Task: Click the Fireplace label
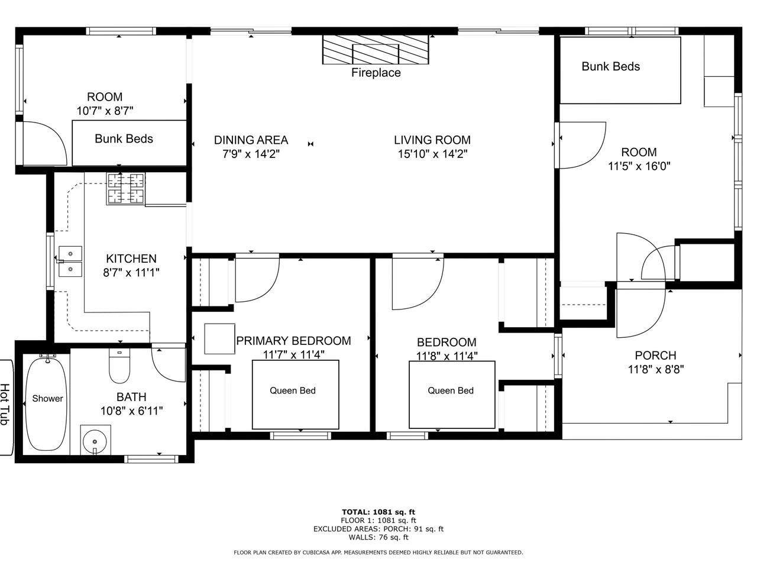(376, 73)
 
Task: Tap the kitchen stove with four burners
(125, 188)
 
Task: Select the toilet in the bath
(119, 366)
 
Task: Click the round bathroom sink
(95, 441)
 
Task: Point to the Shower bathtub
(46, 404)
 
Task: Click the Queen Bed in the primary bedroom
(295, 395)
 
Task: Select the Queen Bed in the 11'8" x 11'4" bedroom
(452, 395)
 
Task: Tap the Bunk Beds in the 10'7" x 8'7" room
(130, 143)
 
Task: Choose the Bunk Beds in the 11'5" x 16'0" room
(620, 70)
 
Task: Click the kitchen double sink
(70, 262)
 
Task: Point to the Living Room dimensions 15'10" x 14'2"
(432, 154)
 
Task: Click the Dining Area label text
(251, 140)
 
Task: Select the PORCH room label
(656, 355)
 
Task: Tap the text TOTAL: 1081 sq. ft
(378, 512)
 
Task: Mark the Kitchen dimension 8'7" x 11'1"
(131, 273)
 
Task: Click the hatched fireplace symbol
(376, 49)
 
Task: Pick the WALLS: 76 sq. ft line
(378, 537)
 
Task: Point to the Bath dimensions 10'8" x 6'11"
(131, 411)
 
